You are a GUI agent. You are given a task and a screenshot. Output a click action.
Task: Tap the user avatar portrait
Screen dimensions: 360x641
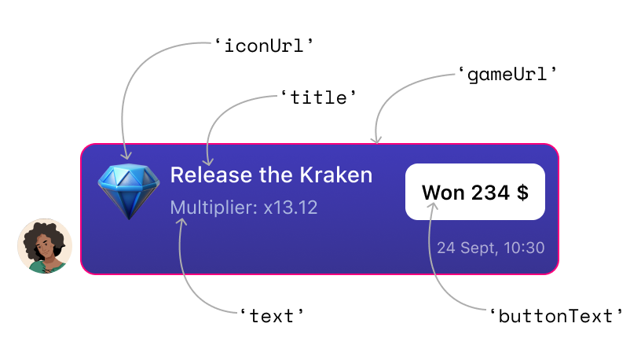45,246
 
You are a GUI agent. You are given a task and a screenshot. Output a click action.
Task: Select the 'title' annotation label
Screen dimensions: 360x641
319,97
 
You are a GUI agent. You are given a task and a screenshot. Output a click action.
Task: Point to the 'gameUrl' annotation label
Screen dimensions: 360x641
507,75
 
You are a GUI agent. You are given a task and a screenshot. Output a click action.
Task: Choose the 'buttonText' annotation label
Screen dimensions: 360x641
556,316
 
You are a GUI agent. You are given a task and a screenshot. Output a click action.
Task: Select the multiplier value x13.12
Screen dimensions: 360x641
291,208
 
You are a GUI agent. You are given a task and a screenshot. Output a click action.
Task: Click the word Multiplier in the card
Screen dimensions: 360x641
213,208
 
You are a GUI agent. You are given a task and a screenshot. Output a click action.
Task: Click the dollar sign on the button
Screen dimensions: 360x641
522,192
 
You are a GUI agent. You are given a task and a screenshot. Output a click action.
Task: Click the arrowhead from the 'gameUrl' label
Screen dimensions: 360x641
377,139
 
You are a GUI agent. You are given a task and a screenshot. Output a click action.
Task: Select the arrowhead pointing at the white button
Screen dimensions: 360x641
432,205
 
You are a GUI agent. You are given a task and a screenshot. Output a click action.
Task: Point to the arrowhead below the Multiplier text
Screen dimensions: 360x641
181,222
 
